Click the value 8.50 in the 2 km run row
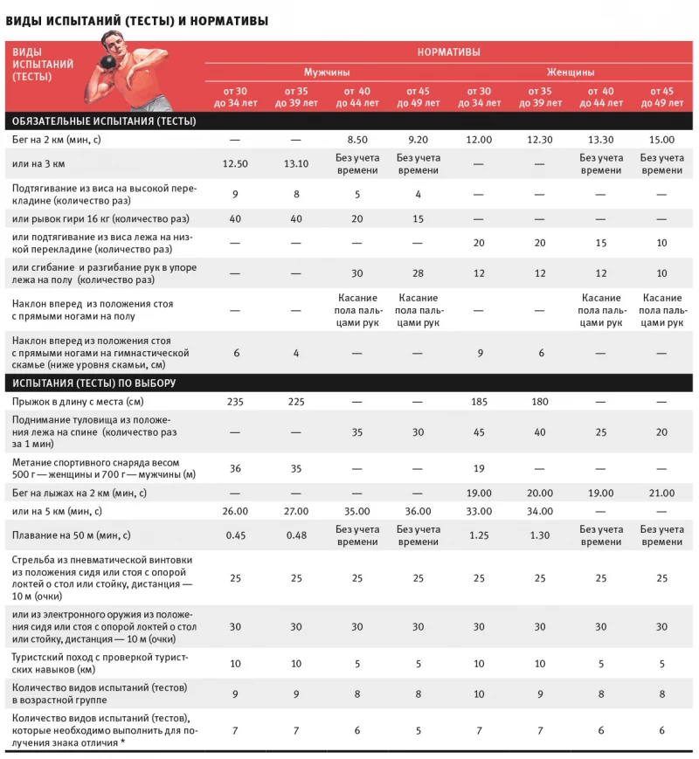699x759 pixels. (x=356, y=140)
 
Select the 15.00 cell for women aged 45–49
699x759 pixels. (x=661, y=140)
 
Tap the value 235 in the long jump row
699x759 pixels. (x=235, y=402)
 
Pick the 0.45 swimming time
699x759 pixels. (x=235, y=535)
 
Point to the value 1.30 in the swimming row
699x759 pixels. (x=540, y=535)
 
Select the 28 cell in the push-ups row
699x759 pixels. (x=418, y=273)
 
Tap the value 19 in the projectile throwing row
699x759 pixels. (x=479, y=468)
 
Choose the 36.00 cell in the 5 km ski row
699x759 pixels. (x=418, y=510)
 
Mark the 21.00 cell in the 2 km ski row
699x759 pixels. (x=661, y=493)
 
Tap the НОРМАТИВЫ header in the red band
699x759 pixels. (x=448, y=52)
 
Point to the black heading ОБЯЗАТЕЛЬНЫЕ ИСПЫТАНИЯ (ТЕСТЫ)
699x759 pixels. (x=101, y=121)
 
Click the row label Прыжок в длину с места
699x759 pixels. (x=77, y=402)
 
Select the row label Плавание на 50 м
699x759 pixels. (x=70, y=535)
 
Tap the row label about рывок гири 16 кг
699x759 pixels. (x=100, y=218)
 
